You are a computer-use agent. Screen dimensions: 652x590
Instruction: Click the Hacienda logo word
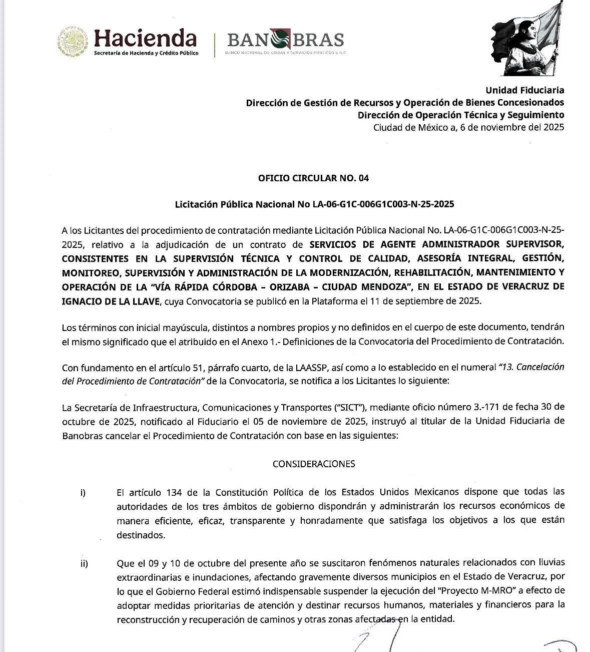pos(145,38)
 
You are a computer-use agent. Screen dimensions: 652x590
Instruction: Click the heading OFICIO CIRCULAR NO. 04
pos(313,178)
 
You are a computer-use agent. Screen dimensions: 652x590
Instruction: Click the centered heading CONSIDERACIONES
pos(314,464)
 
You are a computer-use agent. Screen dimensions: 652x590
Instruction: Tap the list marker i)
pos(83,493)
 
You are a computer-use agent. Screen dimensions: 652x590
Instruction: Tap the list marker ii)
pos(84,564)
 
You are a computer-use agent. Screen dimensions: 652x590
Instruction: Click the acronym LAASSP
pos(306,368)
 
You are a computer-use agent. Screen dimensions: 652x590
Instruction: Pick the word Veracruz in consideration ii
pos(534,577)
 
